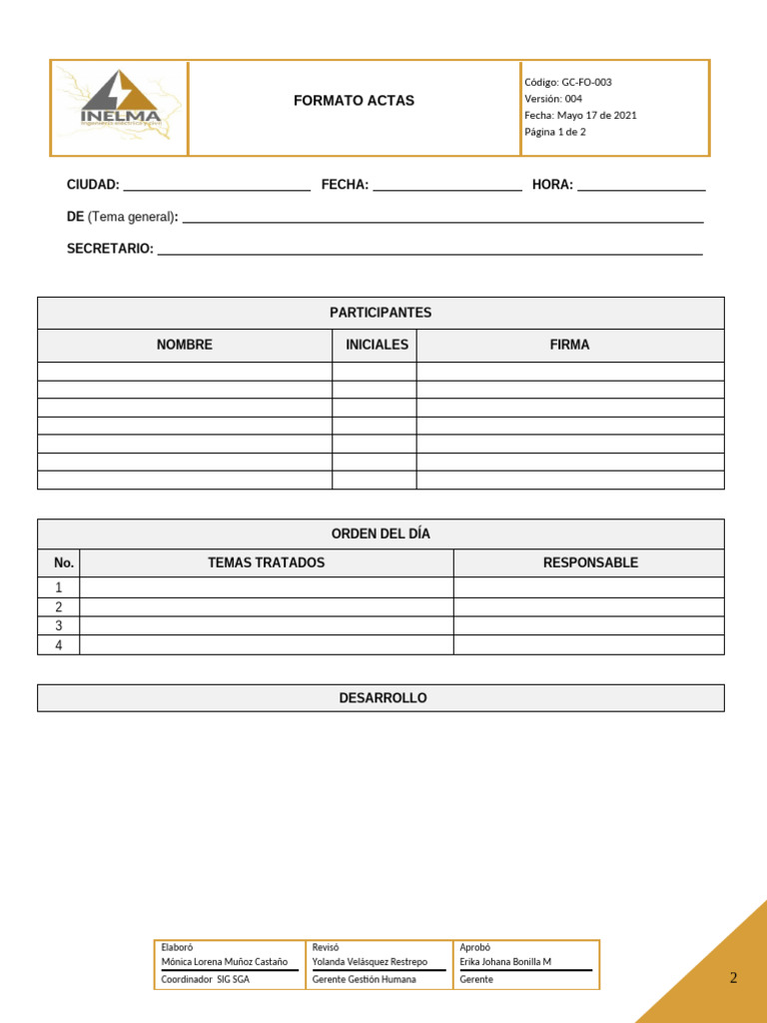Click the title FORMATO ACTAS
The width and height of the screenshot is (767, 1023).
click(354, 101)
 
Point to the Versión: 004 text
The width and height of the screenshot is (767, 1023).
click(553, 99)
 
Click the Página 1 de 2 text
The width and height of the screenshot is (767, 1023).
click(555, 132)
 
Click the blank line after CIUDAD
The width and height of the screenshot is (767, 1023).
click(216, 187)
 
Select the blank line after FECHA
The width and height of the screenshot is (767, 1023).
click(446, 187)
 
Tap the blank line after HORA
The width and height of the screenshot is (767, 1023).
click(641, 187)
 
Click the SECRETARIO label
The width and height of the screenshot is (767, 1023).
click(110, 249)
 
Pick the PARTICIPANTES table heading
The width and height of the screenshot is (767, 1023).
click(381, 313)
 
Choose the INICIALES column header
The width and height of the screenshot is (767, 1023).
click(377, 345)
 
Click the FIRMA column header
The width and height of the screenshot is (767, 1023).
click(569, 345)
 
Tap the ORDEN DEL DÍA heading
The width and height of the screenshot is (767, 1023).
click(381, 534)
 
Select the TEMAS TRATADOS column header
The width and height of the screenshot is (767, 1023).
click(266, 562)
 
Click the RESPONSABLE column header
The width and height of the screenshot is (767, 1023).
click(590, 562)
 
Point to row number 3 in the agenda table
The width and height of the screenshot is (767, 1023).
click(59, 626)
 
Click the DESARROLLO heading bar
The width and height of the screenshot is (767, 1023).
click(381, 698)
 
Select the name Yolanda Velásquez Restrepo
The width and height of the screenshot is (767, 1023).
click(370, 962)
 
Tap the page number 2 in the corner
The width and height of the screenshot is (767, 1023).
click(733, 978)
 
